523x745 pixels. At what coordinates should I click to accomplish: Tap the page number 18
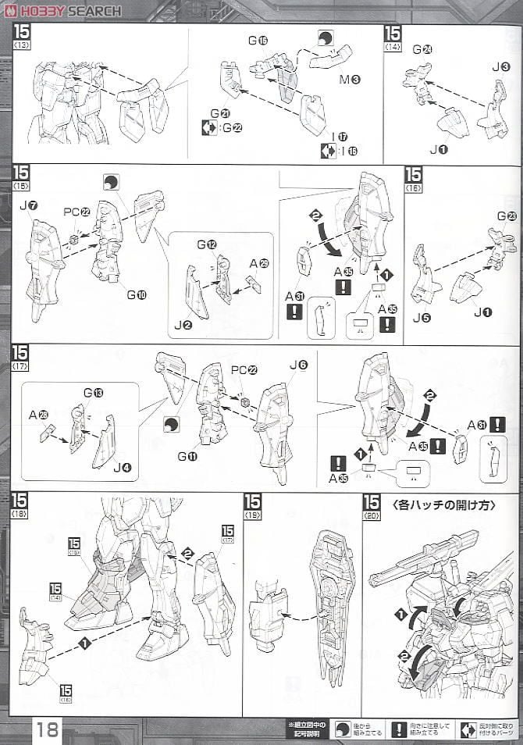pyautogui.click(x=46, y=729)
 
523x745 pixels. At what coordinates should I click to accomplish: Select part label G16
pyautogui.click(x=258, y=41)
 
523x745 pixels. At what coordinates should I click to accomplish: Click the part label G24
pyautogui.click(x=422, y=49)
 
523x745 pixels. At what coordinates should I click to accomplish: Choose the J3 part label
pyautogui.click(x=501, y=67)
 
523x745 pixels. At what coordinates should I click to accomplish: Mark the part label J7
pyautogui.click(x=29, y=205)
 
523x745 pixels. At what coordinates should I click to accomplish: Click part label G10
pyautogui.click(x=137, y=294)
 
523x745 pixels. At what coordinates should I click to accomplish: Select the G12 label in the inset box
pyautogui.click(x=206, y=244)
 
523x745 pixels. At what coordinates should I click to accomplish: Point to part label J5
pyautogui.click(x=422, y=318)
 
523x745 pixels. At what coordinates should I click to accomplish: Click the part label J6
pyautogui.click(x=299, y=365)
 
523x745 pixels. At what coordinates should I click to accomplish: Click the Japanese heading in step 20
pyautogui.click(x=445, y=504)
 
